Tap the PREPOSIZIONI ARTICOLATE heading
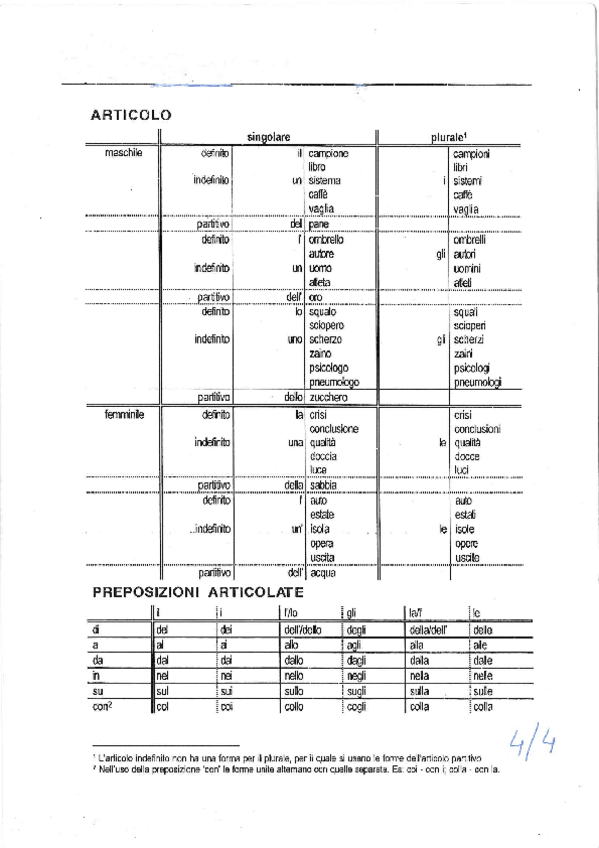pyautogui.click(x=198, y=592)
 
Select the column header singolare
pyautogui.click(x=268, y=136)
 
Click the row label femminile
pyautogui.click(x=126, y=413)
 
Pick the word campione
pyautogui.click(x=329, y=153)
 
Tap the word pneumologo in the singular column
pyautogui.click(x=334, y=382)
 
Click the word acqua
pyautogui.click(x=323, y=573)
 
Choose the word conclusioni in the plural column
pyautogui.click(x=476, y=428)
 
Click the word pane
pyautogui.click(x=319, y=225)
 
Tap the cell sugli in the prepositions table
pyautogui.click(x=357, y=690)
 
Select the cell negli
pyautogui.click(x=357, y=675)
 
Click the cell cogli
pyautogui.click(x=356, y=706)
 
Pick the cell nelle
pyautogui.click(x=483, y=675)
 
